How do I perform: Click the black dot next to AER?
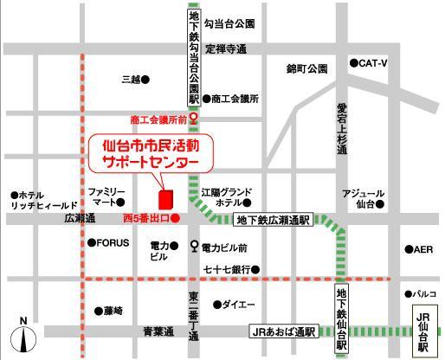408,249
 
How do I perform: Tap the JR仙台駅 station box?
423,331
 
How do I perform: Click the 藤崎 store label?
113,310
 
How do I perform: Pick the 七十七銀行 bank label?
227,269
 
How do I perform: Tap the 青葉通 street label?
158,331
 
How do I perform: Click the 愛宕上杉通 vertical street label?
342,127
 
